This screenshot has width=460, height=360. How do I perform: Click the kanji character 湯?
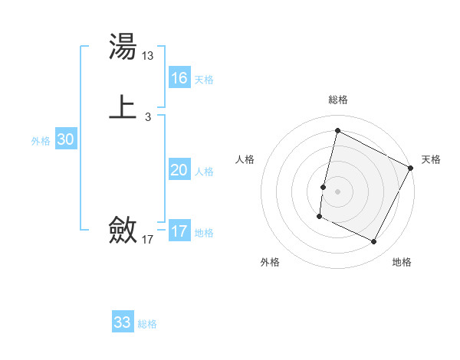[x=123, y=48]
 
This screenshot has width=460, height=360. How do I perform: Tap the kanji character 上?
[x=123, y=106]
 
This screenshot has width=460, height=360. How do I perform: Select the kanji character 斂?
[x=123, y=229]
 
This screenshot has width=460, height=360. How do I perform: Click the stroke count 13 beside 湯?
[x=148, y=56]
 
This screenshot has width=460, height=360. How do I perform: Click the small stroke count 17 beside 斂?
[x=148, y=240]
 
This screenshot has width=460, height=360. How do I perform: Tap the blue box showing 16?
[x=179, y=78]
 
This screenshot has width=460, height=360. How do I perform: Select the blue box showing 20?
[x=179, y=170]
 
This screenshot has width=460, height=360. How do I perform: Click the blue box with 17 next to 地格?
[x=179, y=231]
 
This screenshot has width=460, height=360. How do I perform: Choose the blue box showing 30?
[x=65, y=139]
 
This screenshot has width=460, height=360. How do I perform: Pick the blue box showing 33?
[x=123, y=322]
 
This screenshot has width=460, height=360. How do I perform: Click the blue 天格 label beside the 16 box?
[x=204, y=80]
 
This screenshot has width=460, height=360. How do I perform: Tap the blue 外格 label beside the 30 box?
[x=41, y=141]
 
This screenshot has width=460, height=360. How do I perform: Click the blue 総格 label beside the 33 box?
[x=147, y=324]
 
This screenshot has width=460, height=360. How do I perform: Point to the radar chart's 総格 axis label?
[x=338, y=100]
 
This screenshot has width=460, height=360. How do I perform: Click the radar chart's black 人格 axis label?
[x=245, y=159]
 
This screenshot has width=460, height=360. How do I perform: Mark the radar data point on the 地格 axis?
[x=374, y=241]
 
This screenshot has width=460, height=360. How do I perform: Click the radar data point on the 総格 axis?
[x=337, y=130]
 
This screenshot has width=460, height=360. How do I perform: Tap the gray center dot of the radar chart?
[x=338, y=191]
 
